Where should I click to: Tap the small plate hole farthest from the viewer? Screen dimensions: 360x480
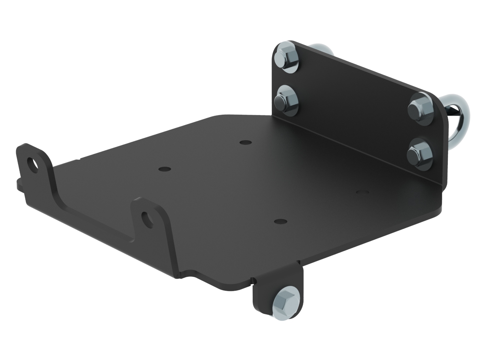click(245, 142)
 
